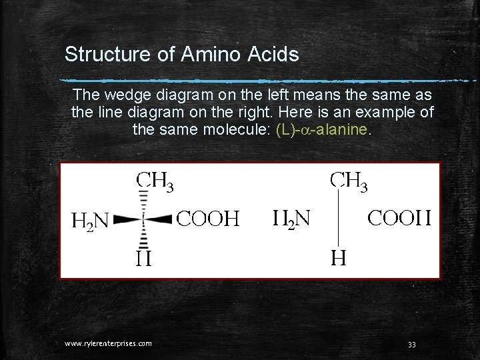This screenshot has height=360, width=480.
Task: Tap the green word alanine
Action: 343,129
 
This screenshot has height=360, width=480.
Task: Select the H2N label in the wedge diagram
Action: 90,220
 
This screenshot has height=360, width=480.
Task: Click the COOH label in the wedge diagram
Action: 208,219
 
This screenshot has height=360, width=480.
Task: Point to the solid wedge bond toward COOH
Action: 159,218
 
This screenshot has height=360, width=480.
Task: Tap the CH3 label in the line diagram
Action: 350,179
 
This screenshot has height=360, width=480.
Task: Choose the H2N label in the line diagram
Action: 290,217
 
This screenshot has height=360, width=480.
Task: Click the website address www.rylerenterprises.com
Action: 108,343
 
